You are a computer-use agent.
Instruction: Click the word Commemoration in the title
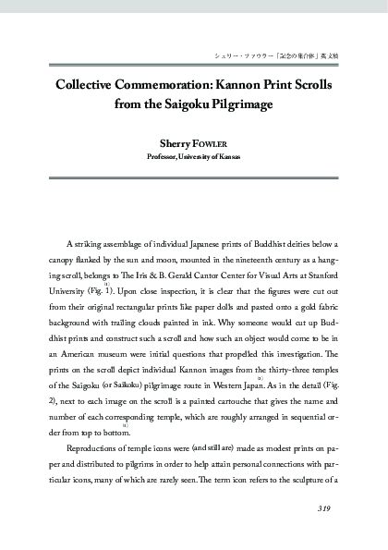tap(150, 82)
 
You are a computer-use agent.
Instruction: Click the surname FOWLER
tap(214, 144)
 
